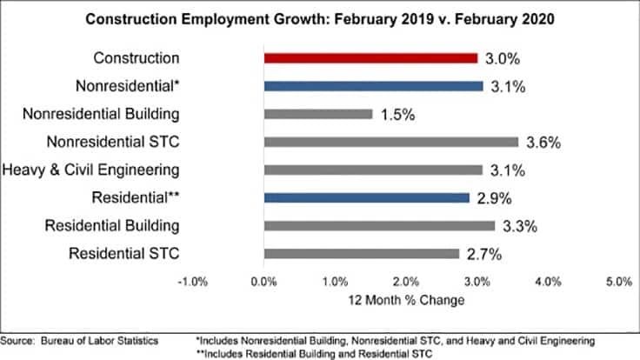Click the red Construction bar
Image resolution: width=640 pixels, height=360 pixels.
coord(370,58)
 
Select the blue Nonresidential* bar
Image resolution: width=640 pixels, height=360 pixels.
coord(373,86)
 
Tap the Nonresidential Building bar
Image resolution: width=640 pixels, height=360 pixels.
coord(317,114)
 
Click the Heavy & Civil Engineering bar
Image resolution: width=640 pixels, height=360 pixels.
coord(373,170)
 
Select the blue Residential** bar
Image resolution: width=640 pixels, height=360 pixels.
coord(366,198)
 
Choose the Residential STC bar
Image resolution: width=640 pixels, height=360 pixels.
coord(361,254)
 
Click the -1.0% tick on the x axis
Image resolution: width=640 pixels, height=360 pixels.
coord(191,281)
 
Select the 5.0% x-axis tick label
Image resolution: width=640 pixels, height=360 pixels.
coord(618,281)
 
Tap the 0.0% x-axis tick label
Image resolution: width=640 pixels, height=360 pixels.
coord(263,281)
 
